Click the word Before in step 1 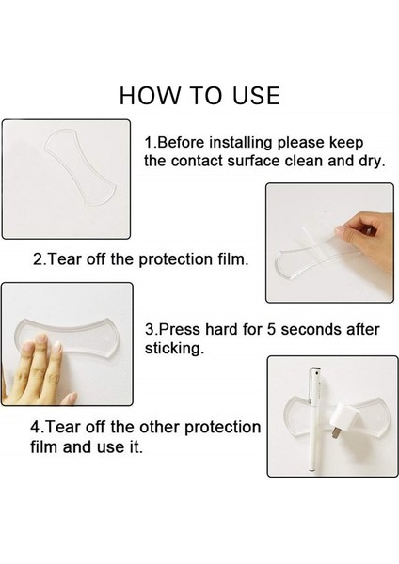pyautogui.click(x=180, y=143)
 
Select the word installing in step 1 pyautogui.click(x=240, y=143)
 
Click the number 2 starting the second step pyautogui.click(x=37, y=259)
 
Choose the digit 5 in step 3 pyautogui.click(x=272, y=330)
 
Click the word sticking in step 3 pyautogui.click(x=172, y=348)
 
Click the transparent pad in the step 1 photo pyautogui.click(x=81, y=167)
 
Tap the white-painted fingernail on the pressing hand pyautogui.click(x=57, y=349)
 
